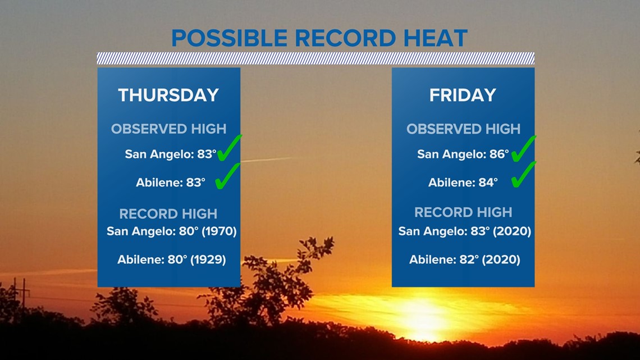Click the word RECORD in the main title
[x=345, y=38]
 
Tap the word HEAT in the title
[x=435, y=38]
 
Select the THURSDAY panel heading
[x=168, y=95]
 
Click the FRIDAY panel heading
[x=463, y=95]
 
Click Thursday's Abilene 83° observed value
[x=196, y=182]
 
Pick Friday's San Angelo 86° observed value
[x=499, y=154]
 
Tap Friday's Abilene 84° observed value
[x=488, y=182]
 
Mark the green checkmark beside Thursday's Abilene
[x=227, y=176]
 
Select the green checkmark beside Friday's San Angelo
[x=523, y=149]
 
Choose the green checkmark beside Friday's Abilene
[x=523, y=175]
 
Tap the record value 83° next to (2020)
[x=480, y=231]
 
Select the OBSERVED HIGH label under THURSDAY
[x=168, y=129]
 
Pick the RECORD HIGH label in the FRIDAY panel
[x=463, y=212]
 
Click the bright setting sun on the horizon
[x=424, y=318]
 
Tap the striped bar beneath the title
[x=316, y=58]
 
